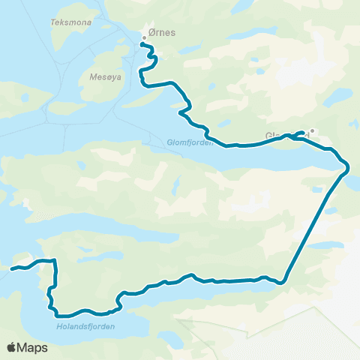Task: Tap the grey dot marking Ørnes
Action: point(145,38)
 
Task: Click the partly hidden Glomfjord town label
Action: point(277,136)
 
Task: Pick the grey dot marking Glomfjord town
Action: point(312,130)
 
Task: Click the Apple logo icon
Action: point(12,347)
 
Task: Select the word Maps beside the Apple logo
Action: point(33,347)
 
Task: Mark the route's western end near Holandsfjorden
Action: point(12,268)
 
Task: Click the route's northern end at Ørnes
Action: point(142,43)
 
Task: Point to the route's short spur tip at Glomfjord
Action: point(303,132)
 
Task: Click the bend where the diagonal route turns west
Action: point(283,282)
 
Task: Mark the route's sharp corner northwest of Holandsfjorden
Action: point(55,261)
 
